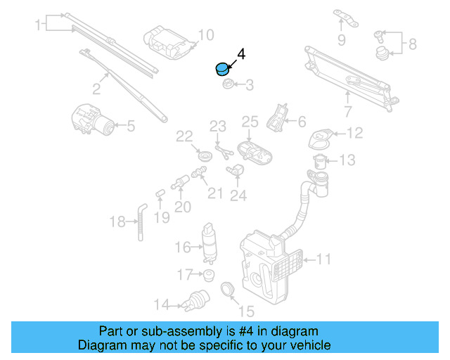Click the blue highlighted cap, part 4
(x=221, y=69)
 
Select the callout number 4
(x=241, y=53)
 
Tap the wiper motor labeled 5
(x=94, y=119)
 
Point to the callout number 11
(x=323, y=259)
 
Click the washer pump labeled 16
(x=209, y=239)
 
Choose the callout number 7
(x=347, y=111)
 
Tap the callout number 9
(x=341, y=40)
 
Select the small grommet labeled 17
(x=208, y=274)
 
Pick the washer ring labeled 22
(x=206, y=154)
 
